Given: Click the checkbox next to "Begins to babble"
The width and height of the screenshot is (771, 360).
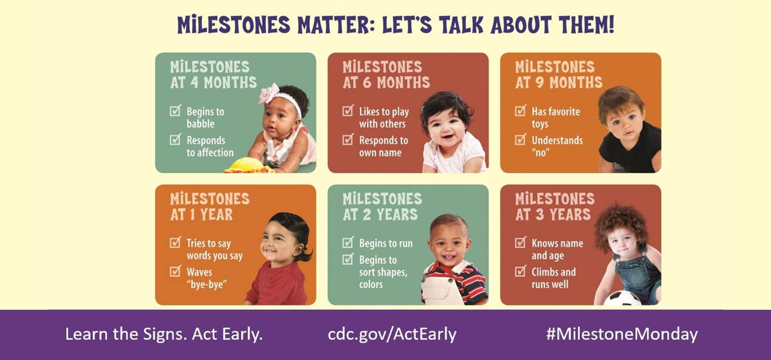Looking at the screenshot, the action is [x=175, y=110].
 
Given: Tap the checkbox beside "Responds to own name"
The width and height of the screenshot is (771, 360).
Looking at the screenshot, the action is [x=348, y=139].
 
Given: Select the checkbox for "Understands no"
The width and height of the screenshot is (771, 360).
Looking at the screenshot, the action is [x=521, y=139].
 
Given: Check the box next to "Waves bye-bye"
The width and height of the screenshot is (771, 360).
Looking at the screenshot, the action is [x=175, y=271].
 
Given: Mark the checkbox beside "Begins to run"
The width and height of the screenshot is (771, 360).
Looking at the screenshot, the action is [x=348, y=242].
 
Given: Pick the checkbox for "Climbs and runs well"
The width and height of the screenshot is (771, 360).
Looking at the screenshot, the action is [x=521, y=271].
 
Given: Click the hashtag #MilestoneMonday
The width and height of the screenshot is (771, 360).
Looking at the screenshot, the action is [x=622, y=334].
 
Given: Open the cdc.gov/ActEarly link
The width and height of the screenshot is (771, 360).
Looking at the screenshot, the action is [x=392, y=334].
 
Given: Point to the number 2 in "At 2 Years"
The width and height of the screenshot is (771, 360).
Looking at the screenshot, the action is [x=367, y=214].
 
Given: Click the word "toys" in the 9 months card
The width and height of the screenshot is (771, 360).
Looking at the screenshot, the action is [x=540, y=124].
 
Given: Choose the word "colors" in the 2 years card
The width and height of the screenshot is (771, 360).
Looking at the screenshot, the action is [x=371, y=284].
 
